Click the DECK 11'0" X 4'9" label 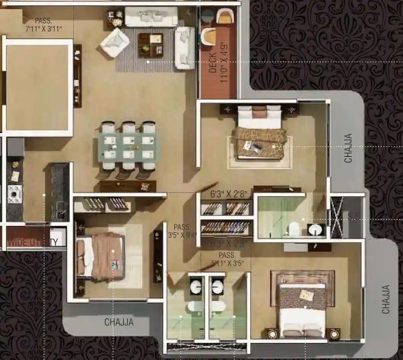[x=218, y=68]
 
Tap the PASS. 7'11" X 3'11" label [x=43, y=25]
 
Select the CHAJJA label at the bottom [x=119, y=322]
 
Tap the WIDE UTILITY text [x=33, y=242]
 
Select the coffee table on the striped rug [x=151, y=44]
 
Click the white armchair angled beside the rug [x=114, y=42]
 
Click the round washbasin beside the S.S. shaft [x=315, y=230]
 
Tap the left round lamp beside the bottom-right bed [x=272, y=334]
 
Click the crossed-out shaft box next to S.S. [x=336, y=217]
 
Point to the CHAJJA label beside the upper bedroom [x=348, y=148]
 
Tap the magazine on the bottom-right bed [x=306, y=294]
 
